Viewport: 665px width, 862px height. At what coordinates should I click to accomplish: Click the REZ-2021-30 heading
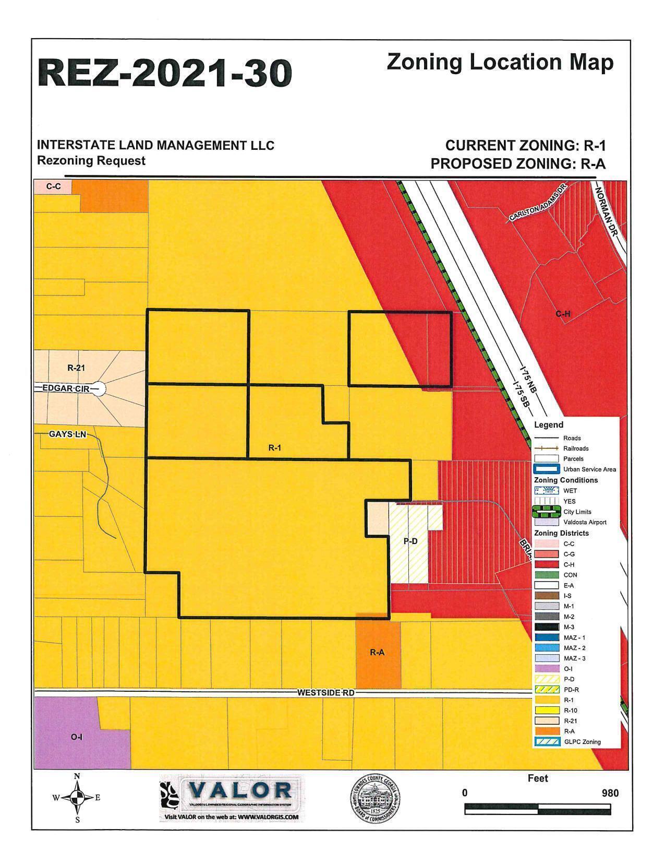click(x=164, y=73)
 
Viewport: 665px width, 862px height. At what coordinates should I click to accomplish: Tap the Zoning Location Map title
click(x=500, y=62)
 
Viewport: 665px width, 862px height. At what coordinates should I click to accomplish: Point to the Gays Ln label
click(x=67, y=434)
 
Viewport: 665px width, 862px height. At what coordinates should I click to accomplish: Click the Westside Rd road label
click(x=325, y=693)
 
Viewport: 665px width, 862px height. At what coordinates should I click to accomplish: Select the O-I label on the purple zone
click(x=76, y=737)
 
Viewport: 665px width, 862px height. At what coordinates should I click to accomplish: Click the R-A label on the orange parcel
click(x=377, y=652)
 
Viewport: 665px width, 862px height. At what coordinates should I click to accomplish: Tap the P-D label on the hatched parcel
click(x=410, y=541)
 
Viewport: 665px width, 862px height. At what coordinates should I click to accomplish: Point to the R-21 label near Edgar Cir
click(x=76, y=368)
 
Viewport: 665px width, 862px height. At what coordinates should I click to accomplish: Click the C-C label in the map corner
click(x=53, y=186)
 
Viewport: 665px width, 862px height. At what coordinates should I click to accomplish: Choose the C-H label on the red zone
click(x=563, y=314)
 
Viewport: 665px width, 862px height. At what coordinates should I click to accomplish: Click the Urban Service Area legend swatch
click(x=546, y=469)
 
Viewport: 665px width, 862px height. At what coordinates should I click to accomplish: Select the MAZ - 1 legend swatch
click(x=546, y=637)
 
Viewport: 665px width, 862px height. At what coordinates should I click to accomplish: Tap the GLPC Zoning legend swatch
click(x=546, y=741)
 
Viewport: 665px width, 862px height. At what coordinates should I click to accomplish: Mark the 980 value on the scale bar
click(x=609, y=793)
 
